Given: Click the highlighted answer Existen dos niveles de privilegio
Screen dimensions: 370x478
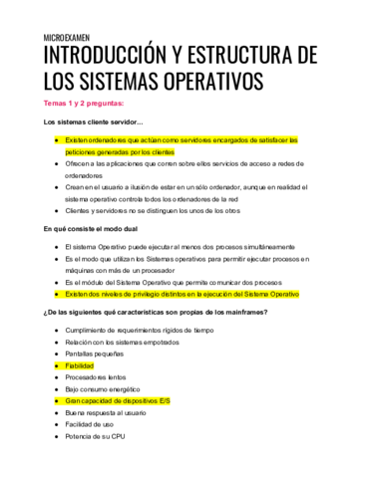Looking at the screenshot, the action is (181, 295).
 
